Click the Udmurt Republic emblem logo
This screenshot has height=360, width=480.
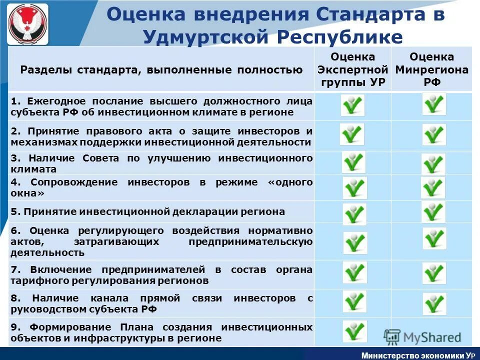tap(28, 24)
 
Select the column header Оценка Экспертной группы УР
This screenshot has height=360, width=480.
tap(353, 69)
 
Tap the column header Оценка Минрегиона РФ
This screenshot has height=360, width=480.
tap(431, 69)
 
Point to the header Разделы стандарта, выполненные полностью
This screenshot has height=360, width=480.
tap(161, 70)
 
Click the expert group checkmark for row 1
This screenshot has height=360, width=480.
tap(352, 105)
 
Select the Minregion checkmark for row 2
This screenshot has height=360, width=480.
tap(433, 134)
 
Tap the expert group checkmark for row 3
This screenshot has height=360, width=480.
tap(353, 162)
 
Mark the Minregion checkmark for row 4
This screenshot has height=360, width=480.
tap(432, 187)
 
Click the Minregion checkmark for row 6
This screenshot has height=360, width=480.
tap(434, 238)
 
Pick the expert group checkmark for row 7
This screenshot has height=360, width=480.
tap(354, 272)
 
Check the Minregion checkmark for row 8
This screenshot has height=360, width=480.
tap(434, 303)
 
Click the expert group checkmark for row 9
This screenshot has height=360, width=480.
tap(354, 331)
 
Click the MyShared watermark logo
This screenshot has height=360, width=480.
tap(422, 337)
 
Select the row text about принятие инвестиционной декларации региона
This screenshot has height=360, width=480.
tap(148, 211)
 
